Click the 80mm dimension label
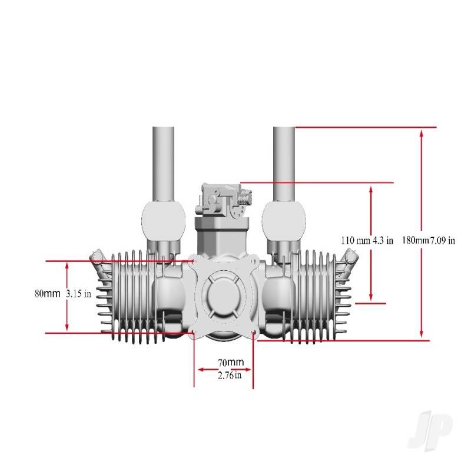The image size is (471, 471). point(47,293)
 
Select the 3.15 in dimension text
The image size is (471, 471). point(78,294)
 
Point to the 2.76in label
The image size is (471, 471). point(227,375)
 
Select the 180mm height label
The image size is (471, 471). point(414,240)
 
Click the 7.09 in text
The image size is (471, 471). point(442,240)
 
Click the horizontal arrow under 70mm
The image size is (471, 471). point(224,370)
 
